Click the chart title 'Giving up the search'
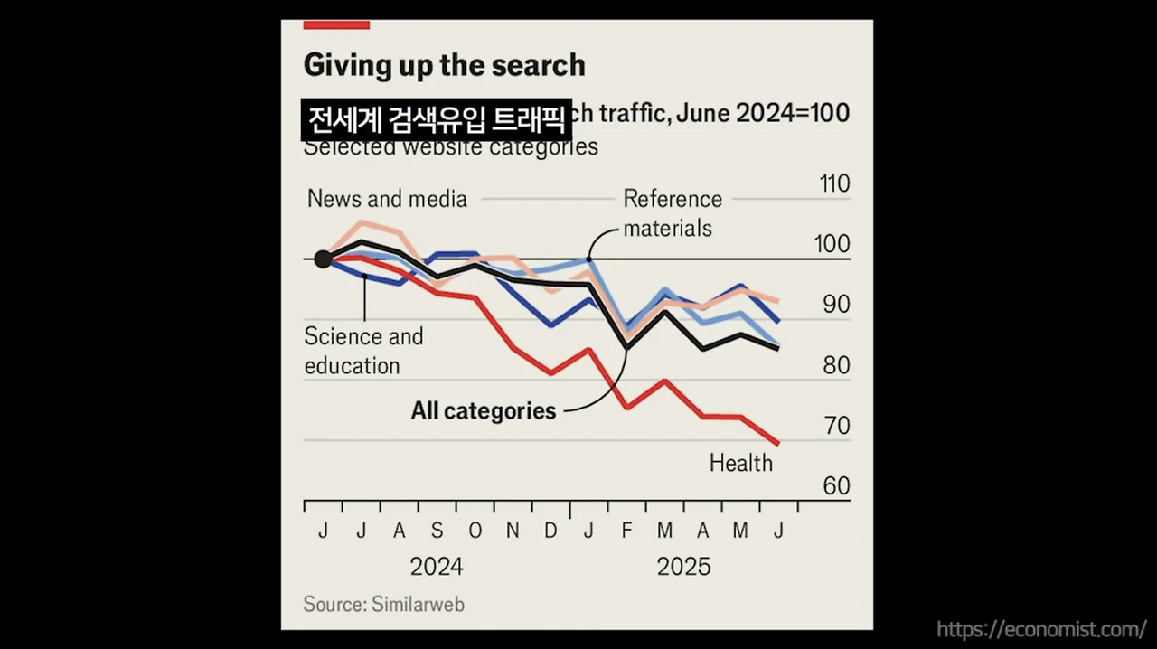(x=444, y=65)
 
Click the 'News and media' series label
(x=387, y=199)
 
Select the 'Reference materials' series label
(x=672, y=213)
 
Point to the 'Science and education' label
(x=363, y=351)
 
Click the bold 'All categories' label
(x=483, y=410)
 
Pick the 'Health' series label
(x=740, y=463)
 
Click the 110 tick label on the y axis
(x=833, y=184)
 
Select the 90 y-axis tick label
(x=836, y=305)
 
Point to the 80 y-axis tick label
(x=836, y=365)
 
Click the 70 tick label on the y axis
(x=836, y=426)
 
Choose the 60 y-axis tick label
(x=836, y=486)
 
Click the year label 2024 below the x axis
(x=437, y=567)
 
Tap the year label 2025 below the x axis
(x=683, y=567)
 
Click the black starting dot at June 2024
(x=323, y=259)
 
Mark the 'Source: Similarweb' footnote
(x=383, y=604)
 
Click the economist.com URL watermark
(x=1041, y=629)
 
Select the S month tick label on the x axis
(x=437, y=531)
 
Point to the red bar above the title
(x=336, y=24)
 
